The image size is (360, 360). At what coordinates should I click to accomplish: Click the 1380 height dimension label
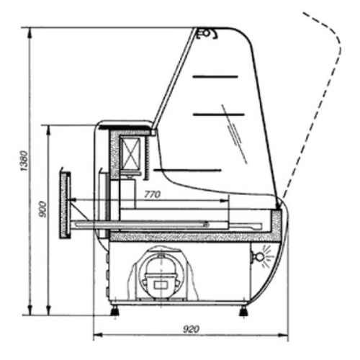(24, 161)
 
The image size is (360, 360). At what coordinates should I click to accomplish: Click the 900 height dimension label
(42, 210)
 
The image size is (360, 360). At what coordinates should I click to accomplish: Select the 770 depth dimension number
(152, 194)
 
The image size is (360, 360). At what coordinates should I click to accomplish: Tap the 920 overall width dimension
(192, 329)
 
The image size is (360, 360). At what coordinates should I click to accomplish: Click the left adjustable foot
(115, 311)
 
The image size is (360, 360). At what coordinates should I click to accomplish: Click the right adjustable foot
(244, 311)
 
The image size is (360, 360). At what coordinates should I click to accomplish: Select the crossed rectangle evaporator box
(130, 153)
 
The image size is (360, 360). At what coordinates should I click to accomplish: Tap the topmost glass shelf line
(215, 76)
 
